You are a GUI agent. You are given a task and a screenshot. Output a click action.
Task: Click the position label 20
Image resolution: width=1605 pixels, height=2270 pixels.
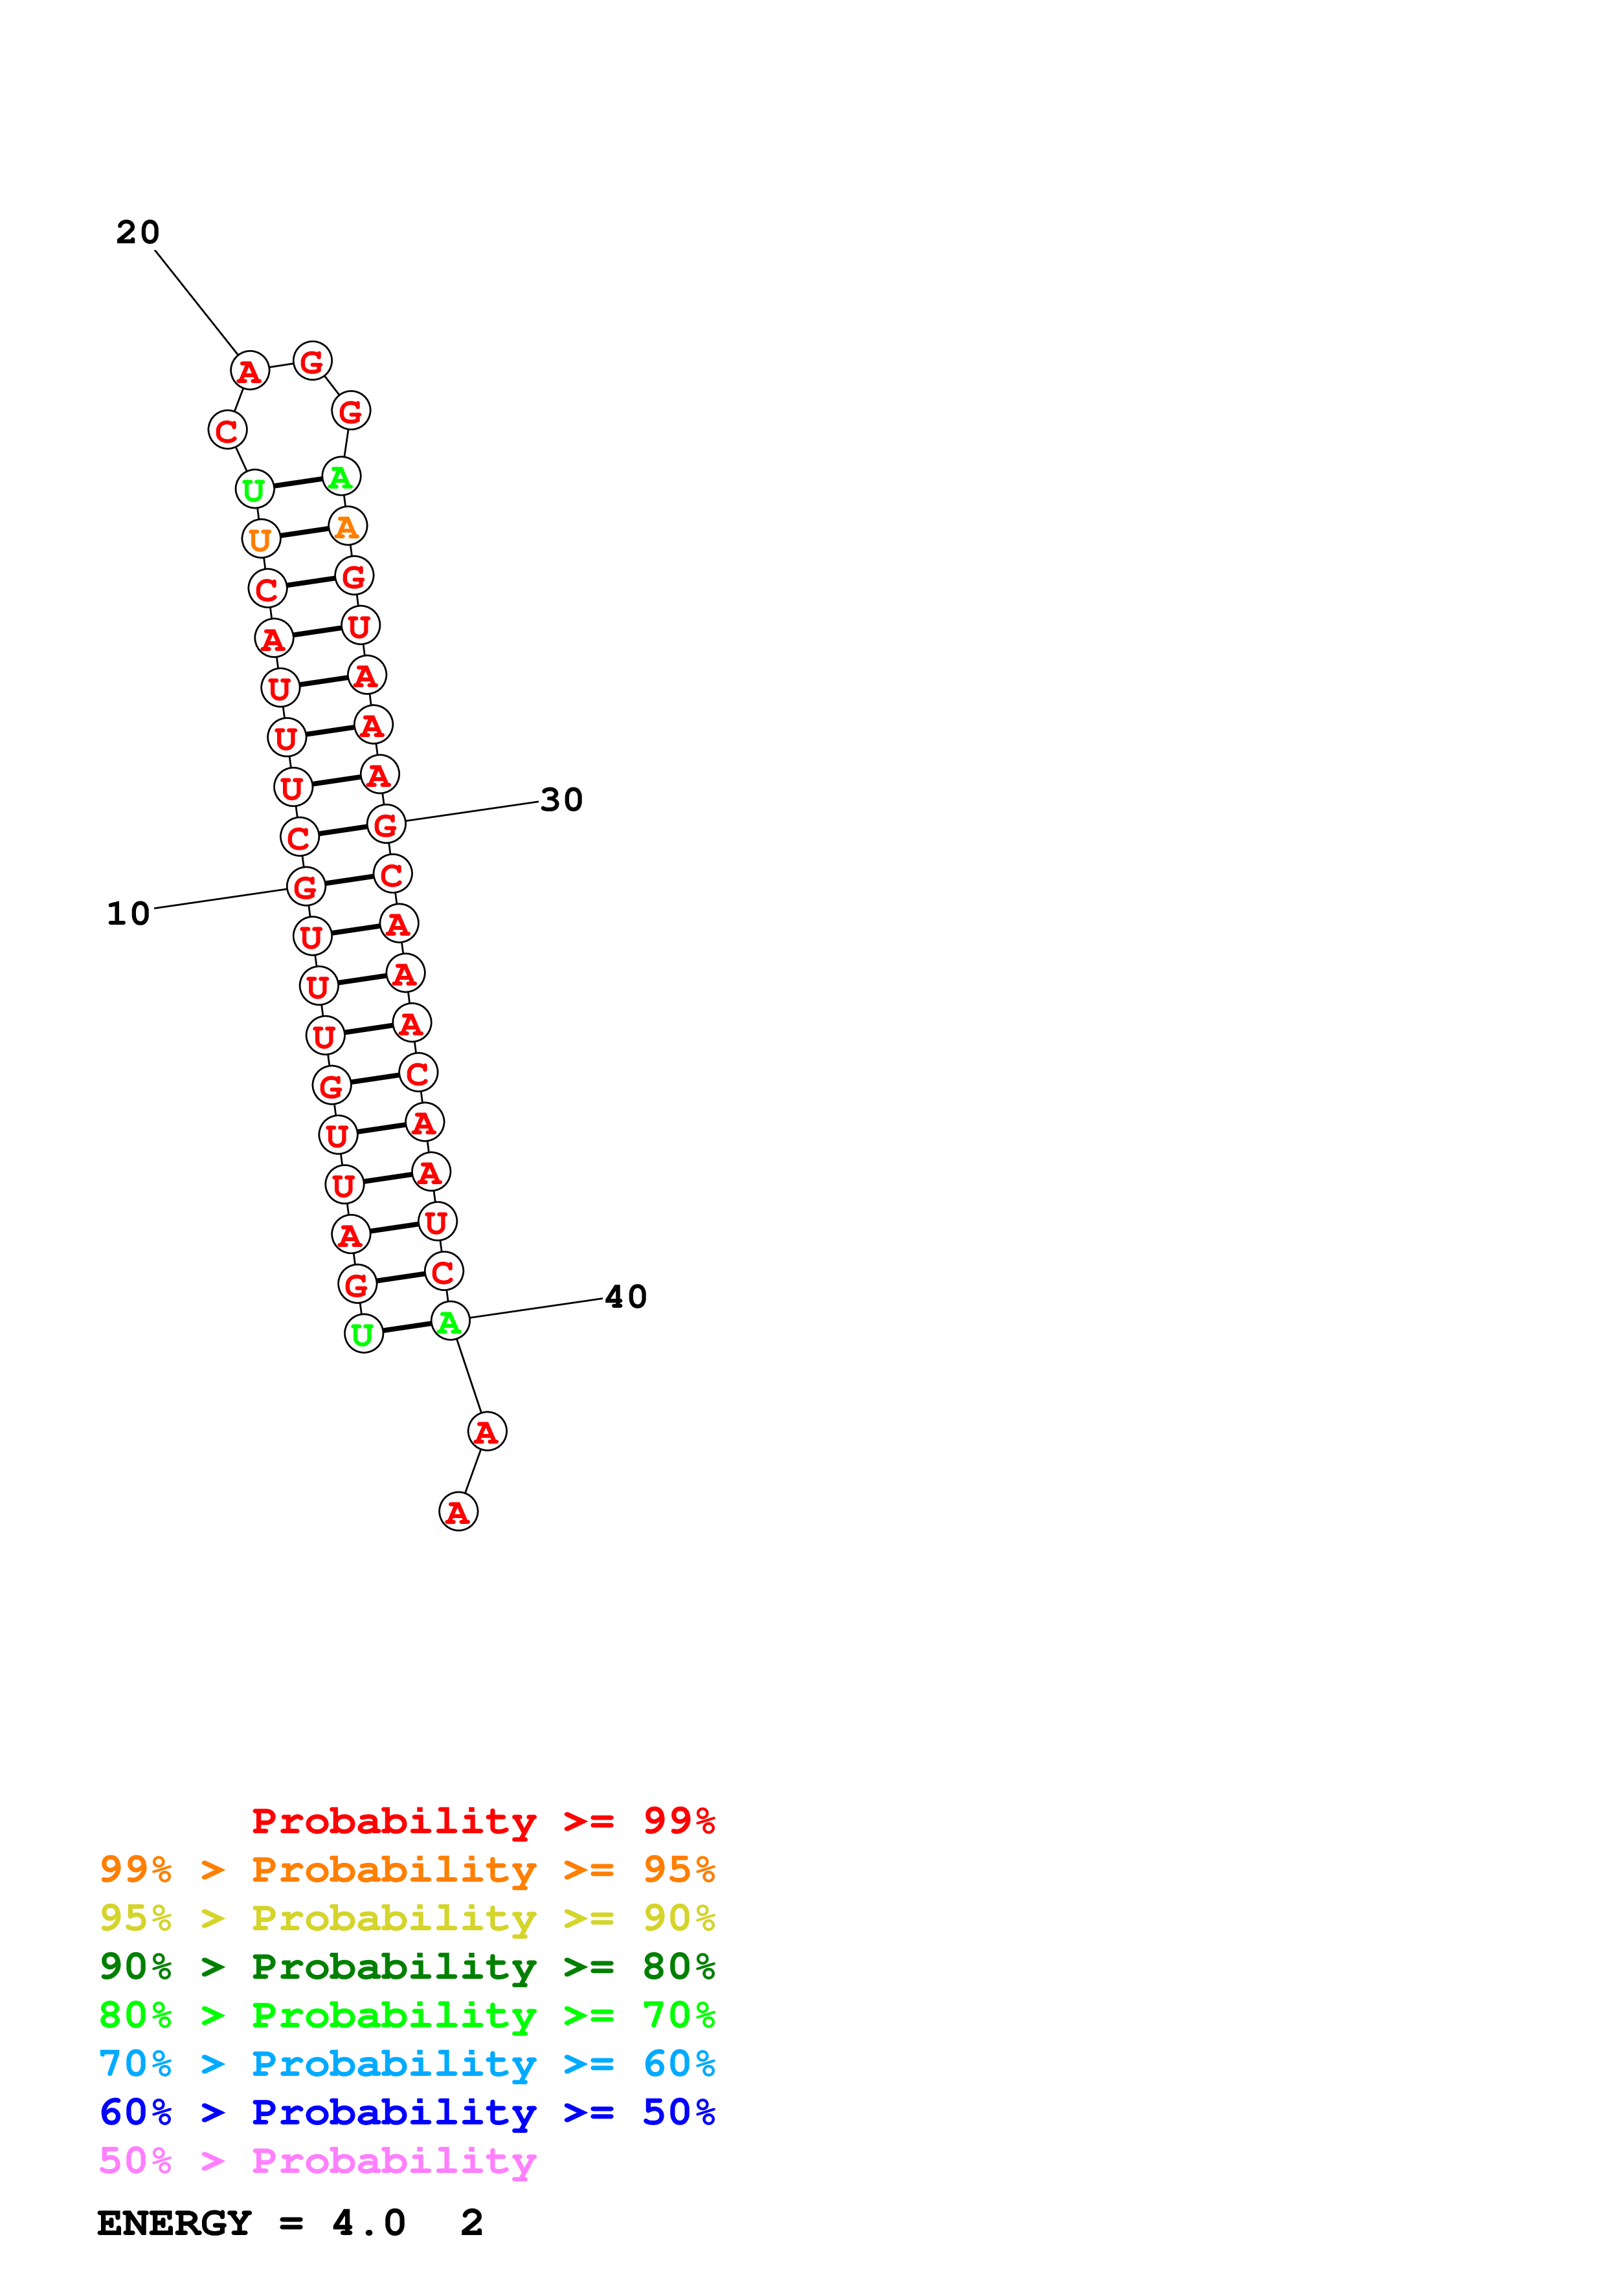(x=137, y=232)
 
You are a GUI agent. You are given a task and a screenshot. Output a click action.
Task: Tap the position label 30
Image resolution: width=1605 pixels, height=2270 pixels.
(x=562, y=800)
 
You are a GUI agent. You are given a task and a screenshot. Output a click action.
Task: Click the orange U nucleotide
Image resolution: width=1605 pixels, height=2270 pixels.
(x=261, y=539)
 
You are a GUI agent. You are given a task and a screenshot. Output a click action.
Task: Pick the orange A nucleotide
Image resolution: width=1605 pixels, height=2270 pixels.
(x=347, y=526)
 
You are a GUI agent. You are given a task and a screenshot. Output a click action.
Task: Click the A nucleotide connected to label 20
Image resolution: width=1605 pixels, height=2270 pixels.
(x=249, y=371)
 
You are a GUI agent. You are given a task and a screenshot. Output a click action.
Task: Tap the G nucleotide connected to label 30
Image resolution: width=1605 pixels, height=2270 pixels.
(x=386, y=824)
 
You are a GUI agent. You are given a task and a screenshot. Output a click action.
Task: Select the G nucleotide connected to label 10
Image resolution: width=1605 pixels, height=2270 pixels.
(x=306, y=887)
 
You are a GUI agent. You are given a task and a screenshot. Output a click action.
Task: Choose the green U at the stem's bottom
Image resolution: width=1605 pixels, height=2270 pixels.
(x=363, y=1334)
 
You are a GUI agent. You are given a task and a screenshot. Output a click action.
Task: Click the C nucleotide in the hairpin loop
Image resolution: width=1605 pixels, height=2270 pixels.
(x=227, y=430)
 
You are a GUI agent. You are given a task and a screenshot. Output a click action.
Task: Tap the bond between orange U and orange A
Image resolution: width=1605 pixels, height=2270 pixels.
(x=304, y=533)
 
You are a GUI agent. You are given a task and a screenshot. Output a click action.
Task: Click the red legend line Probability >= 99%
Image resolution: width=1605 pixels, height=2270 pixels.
(x=482, y=1821)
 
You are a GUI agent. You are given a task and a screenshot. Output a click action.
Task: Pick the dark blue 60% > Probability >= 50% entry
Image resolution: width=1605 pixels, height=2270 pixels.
(x=407, y=2112)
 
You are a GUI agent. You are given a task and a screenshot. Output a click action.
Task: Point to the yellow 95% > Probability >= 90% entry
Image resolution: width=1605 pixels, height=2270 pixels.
(x=407, y=1918)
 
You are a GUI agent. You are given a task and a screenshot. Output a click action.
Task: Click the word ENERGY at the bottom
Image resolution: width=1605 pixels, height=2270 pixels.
(x=174, y=2223)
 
